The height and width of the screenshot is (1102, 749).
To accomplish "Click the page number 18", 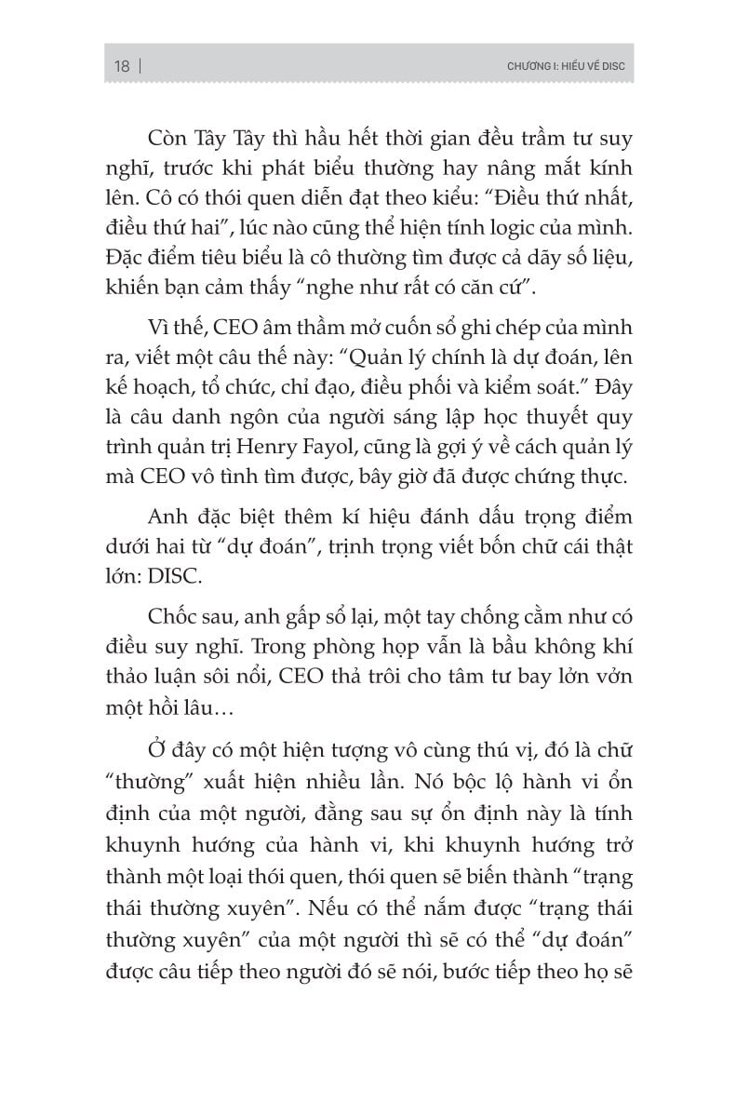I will coord(121,67).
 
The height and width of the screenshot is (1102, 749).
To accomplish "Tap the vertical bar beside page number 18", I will coord(140,67).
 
